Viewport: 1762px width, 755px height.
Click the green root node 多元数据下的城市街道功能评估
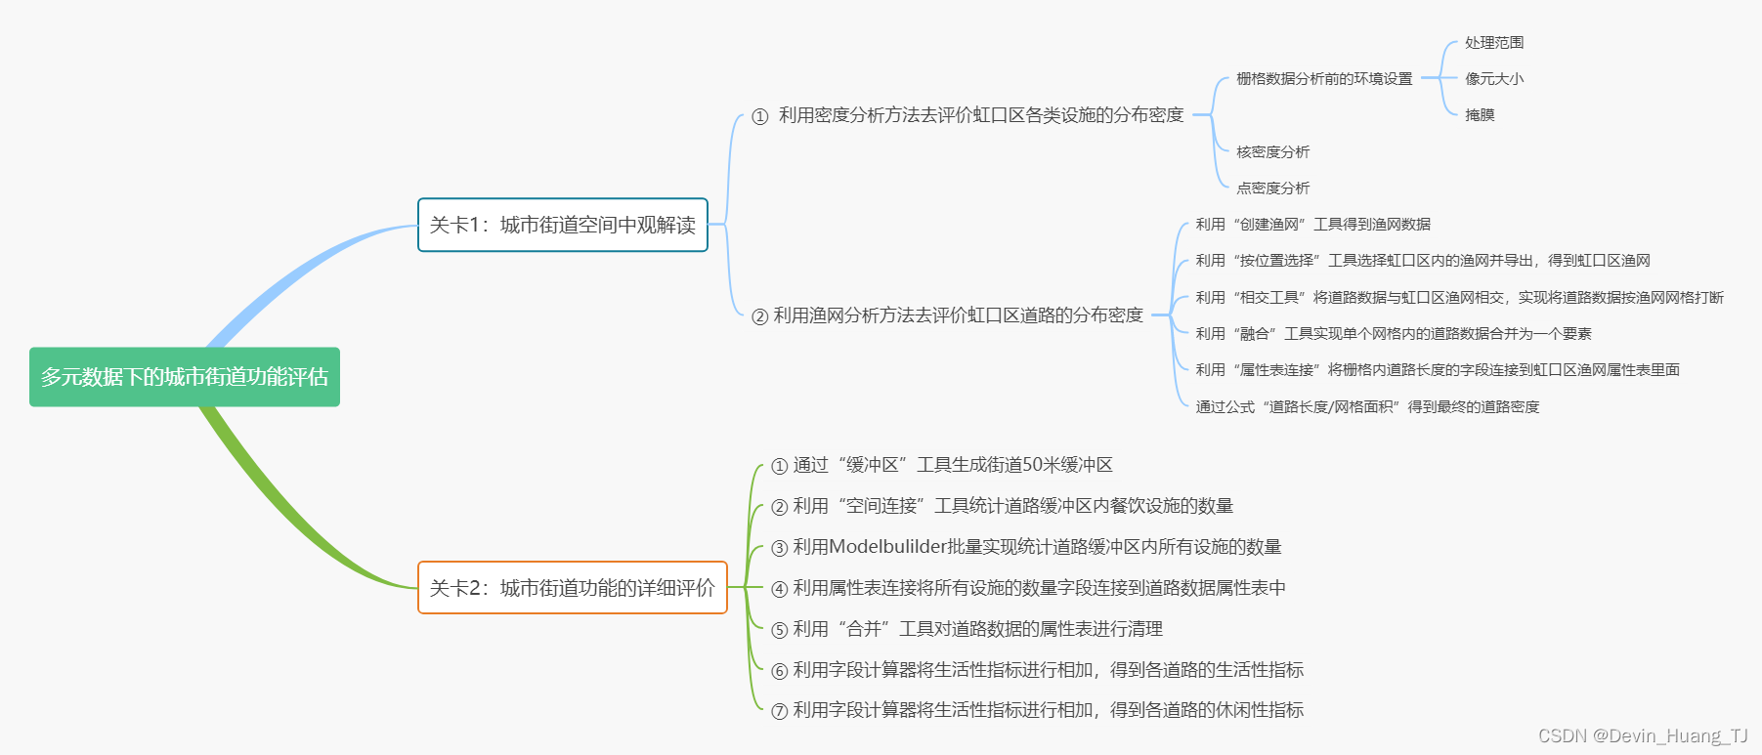pyautogui.click(x=185, y=377)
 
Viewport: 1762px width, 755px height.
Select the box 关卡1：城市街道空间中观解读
pyautogui.click(x=562, y=226)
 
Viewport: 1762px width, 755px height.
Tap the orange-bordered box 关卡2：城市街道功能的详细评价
pyautogui.click(x=572, y=588)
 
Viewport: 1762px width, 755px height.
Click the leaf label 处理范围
pyautogui.click(x=1494, y=43)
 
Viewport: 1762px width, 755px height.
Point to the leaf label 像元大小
pyautogui.click(x=1494, y=79)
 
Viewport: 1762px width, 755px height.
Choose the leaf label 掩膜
pyautogui.click(x=1480, y=115)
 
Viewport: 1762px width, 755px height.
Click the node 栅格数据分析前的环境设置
pyautogui.click(x=1324, y=79)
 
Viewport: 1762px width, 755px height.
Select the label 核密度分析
pyautogui.click(x=1272, y=152)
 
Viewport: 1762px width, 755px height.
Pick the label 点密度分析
pyautogui.click(x=1272, y=189)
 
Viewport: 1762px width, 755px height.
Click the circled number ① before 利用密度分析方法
pyautogui.click(x=760, y=117)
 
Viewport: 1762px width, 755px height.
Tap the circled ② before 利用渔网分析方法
pyautogui.click(x=759, y=316)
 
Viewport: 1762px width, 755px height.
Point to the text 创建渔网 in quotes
pyautogui.click(x=1269, y=225)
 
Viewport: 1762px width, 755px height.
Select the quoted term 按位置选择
pyautogui.click(x=1276, y=261)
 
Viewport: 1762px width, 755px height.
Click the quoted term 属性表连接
pyautogui.click(x=1276, y=370)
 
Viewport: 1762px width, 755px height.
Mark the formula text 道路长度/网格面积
pyautogui.click(x=1330, y=407)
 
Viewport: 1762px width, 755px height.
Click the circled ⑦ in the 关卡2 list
pyautogui.click(x=779, y=711)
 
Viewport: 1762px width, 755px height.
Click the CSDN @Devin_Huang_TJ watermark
pyautogui.click(x=1643, y=736)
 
